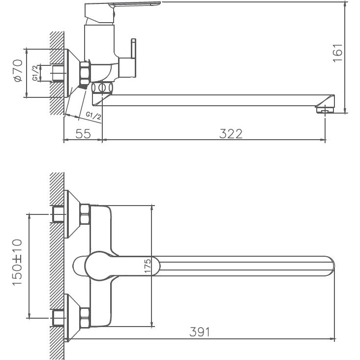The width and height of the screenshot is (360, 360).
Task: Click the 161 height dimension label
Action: point(337,53)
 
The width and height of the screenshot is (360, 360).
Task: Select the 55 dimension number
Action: point(83,133)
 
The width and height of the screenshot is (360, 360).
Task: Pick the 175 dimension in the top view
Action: point(147,266)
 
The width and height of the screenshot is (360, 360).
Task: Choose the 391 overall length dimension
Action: point(200,332)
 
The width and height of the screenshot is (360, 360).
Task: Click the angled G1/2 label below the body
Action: point(93,116)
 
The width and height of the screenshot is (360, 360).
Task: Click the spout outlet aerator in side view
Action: point(324,109)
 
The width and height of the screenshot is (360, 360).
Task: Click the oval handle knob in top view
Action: point(98,266)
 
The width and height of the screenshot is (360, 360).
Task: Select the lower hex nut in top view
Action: point(85,318)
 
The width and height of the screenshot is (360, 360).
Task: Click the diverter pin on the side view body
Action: point(132,49)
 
